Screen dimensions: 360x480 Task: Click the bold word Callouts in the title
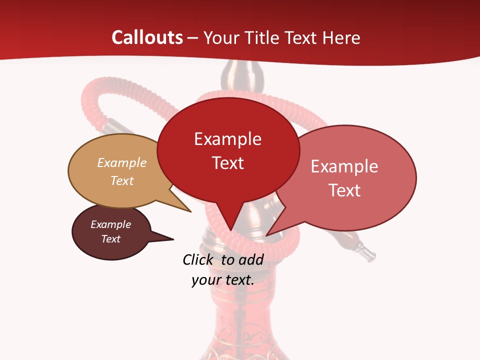point(147,37)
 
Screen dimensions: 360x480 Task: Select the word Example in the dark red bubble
point(227,139)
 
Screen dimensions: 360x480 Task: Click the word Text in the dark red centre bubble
point(227,163)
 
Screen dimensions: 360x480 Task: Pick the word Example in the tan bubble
point(121,163)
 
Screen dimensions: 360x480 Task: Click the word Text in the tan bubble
point(121,180)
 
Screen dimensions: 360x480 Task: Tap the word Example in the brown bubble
point(110,224)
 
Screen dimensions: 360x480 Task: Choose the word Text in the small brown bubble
point(110,239)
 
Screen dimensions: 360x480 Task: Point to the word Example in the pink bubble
point(344,166)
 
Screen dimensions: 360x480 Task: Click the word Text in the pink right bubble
point(344,190)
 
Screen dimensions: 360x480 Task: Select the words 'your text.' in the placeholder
point(222,280)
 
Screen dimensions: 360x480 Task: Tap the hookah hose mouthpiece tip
point(370,256)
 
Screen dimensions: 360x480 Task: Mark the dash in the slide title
point(193,38)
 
